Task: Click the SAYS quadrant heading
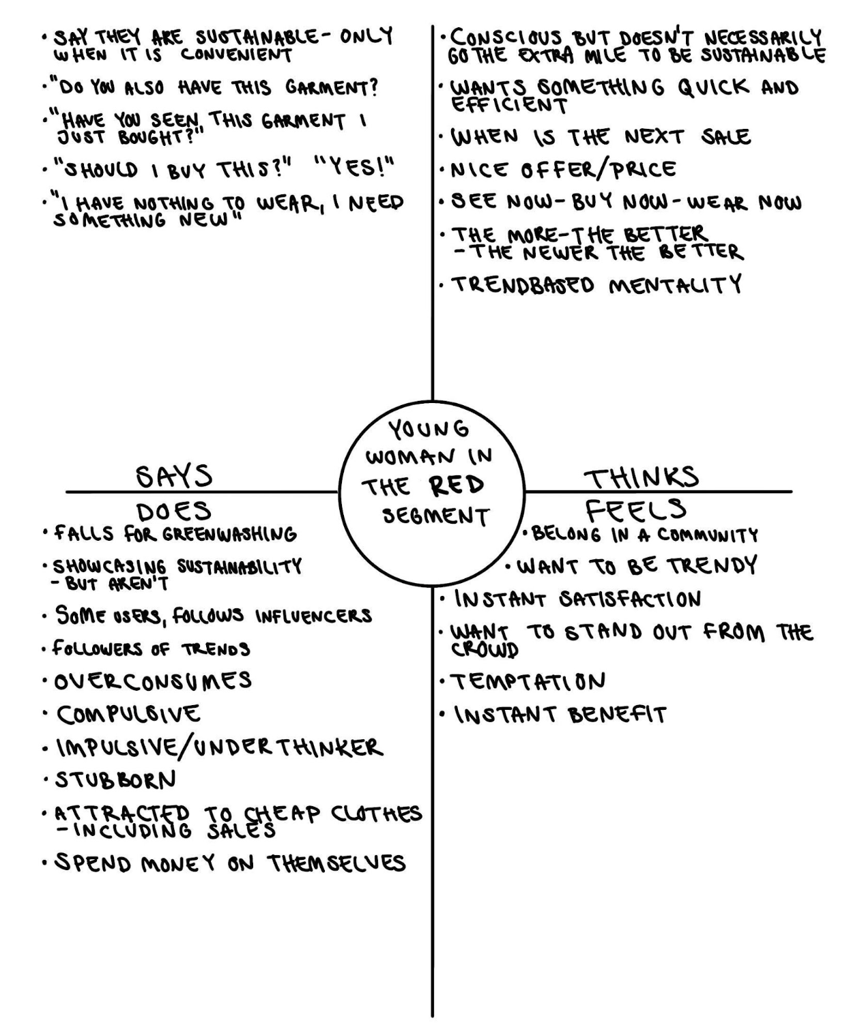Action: coord(174,476)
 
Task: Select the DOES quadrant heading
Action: coord(173,511)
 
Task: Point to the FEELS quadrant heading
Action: coord(635,509)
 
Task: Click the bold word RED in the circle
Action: coord(457,486)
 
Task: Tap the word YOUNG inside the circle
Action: coord(429,429)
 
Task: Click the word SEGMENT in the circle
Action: coord(435,516)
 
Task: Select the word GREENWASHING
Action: coord(229,534)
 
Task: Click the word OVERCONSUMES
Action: coord(153,681)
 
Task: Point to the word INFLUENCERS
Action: coord(314,616)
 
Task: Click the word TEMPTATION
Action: coord(527,681)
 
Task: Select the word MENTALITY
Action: coord(674,284)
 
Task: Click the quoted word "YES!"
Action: coord(355,168)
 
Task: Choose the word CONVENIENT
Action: coord(236,55)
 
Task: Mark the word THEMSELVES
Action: coord(336,863)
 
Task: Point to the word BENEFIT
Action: coord(617,714)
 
